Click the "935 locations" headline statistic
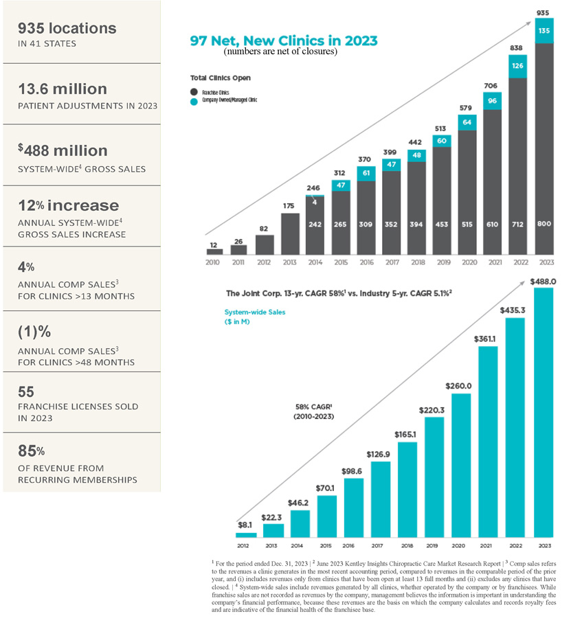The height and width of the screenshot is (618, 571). point(67,28)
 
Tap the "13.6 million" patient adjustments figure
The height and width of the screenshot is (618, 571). point(63,89)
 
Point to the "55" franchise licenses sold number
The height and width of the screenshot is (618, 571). point(26,391)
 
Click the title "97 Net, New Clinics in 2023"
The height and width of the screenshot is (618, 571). point(283,41)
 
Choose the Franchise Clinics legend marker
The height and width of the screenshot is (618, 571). point(194,91)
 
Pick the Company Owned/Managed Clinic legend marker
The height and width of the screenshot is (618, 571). point(194,100)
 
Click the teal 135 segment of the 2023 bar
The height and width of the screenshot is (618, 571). point(543,30)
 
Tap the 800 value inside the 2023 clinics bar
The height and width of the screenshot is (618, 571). point(543,224)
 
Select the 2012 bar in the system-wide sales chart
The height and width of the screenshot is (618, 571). point(245,534)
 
